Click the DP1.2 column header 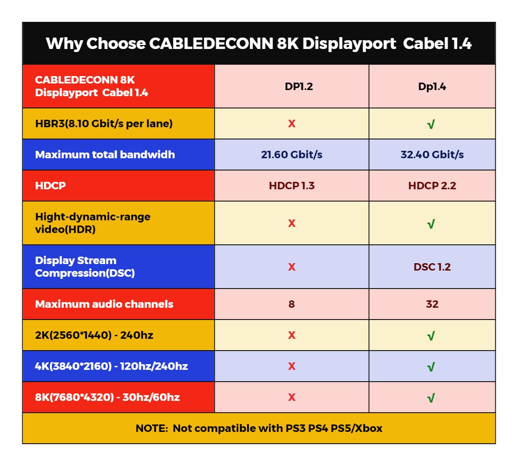pyautogui.click(x=299, y=87)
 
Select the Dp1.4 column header pyautogui.click(x=432, y=87)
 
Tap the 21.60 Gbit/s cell pyautogui.click(x=292, y=154)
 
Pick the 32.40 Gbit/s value pyautogui.click(x=432, y=154)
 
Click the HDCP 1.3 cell pyautogui.click(x=292, y=186)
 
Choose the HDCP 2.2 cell pyautogui.click(x=432, y=186)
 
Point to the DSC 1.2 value pyautogui.click(x=432, y=267)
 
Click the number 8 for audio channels pyautogui.click(x=292, y=304)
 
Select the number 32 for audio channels pyautogui.click(x=432, y=304)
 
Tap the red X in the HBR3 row pyautogui.click(x=292, y=124)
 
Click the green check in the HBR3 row pyautogui.click(x=431, y=125)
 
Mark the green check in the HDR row pyautogui.click(x=431, y=224)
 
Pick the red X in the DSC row pyautogui.click(x=292, y=267)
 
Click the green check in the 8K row pyautogui.click(x=431, y=398)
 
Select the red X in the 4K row pyautogui.click(x=292, y=366)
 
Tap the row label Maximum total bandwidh pyautogui.click(x=105, y=155)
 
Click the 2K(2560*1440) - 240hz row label pyautogui.click(x=94, y=335)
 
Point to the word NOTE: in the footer pyautogui.click(x=152, y=428)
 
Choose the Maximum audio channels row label pyautogui.click(x=104, y=304)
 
